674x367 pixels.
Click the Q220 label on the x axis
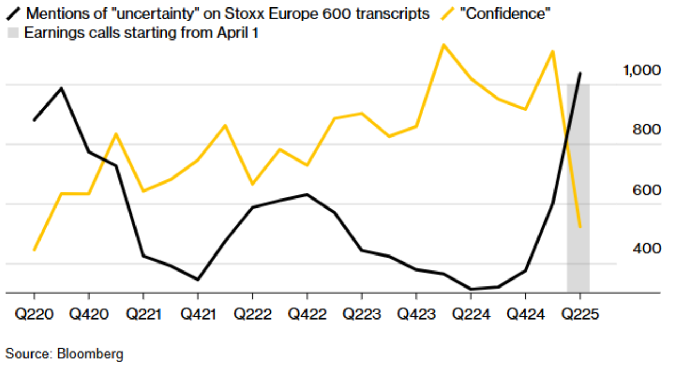coord(34,314)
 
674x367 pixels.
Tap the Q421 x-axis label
coord(198,314)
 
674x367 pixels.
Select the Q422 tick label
coord(307,314)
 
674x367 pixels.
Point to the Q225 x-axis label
coord(580,314)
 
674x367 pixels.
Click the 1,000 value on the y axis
coord(641,70)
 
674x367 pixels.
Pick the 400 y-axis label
coord(646,249)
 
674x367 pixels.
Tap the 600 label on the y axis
coord(646,190)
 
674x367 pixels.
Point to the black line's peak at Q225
coord(580,73)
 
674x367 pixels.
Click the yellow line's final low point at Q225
coord(580,227)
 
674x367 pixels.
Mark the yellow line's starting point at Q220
coord(34,250)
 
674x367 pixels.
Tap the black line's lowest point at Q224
coord(471,289)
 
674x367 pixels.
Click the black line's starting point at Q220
coord(34,120)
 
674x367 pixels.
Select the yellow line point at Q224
coord(471,79)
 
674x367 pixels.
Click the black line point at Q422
coord(307,194)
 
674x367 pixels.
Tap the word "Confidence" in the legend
coord(507,14)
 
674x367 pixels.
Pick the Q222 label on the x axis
coord(252,314)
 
